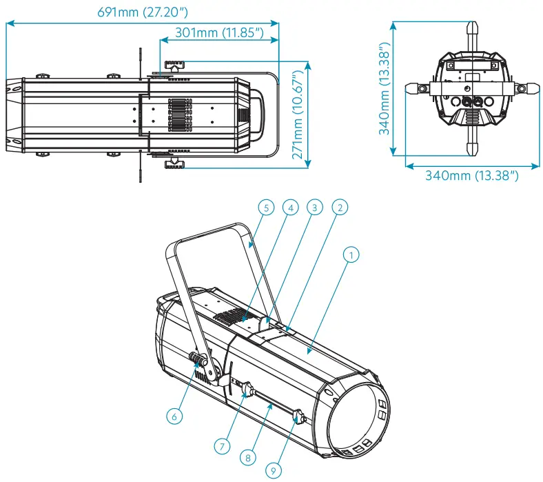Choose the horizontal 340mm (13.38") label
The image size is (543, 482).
pyautogui.click(x=471, y=176)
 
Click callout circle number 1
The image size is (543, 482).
pyautogui.click(x=351, y=255)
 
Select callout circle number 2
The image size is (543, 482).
pyautogui.click(x=339, y=207)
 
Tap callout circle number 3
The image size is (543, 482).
pyautogui.click(x=315, y=207)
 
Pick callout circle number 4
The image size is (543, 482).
pyautogui.click(x=291, y=207)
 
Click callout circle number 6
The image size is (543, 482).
pyautogui.click(x=175, y=416)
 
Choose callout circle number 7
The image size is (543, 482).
pyautogui.click(x=221, y=445)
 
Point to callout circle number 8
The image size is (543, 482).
pyautogui.click(x=247, y=457)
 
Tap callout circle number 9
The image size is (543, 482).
pyautogui.click(x=272, y=471)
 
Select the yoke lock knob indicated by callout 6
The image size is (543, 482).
pyautogui.click(x=198, y=361)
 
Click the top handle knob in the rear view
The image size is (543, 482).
pyautogui.click(x=473, y=31)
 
